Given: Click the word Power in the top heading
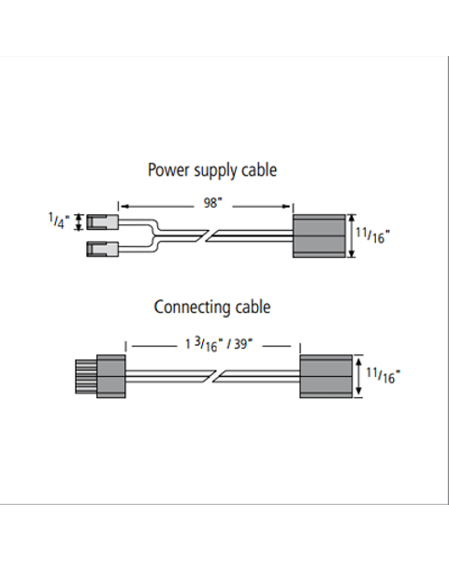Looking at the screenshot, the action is (x=168, y=169).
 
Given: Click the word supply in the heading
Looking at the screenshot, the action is (x=215, y=171).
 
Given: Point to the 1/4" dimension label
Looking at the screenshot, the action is (x=59, y=221).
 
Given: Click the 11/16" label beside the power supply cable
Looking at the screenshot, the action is (x=372, y=236).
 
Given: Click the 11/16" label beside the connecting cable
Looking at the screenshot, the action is (x=384, y=375).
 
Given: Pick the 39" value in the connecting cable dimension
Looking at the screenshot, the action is (x=243, y=344).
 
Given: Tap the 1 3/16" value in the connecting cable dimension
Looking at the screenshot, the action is (x=204, y=344).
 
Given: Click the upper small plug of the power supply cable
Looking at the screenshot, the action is (x=102, y=222).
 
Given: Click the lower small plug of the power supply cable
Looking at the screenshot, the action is (x=102, y=249).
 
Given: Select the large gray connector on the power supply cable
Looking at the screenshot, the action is (x=319, y=236).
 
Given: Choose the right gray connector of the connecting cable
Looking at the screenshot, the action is (x=326, y=376).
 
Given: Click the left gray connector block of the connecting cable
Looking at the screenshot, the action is (x=111, y=376).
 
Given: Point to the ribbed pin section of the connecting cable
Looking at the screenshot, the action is (x=86, y=377).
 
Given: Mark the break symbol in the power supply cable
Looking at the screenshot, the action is (x=208, y=236).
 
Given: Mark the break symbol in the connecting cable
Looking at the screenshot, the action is (x=215, y=376).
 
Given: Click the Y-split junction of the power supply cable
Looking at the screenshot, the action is (x=154, y=236).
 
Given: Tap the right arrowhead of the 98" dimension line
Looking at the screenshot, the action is (x=286, y=206).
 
